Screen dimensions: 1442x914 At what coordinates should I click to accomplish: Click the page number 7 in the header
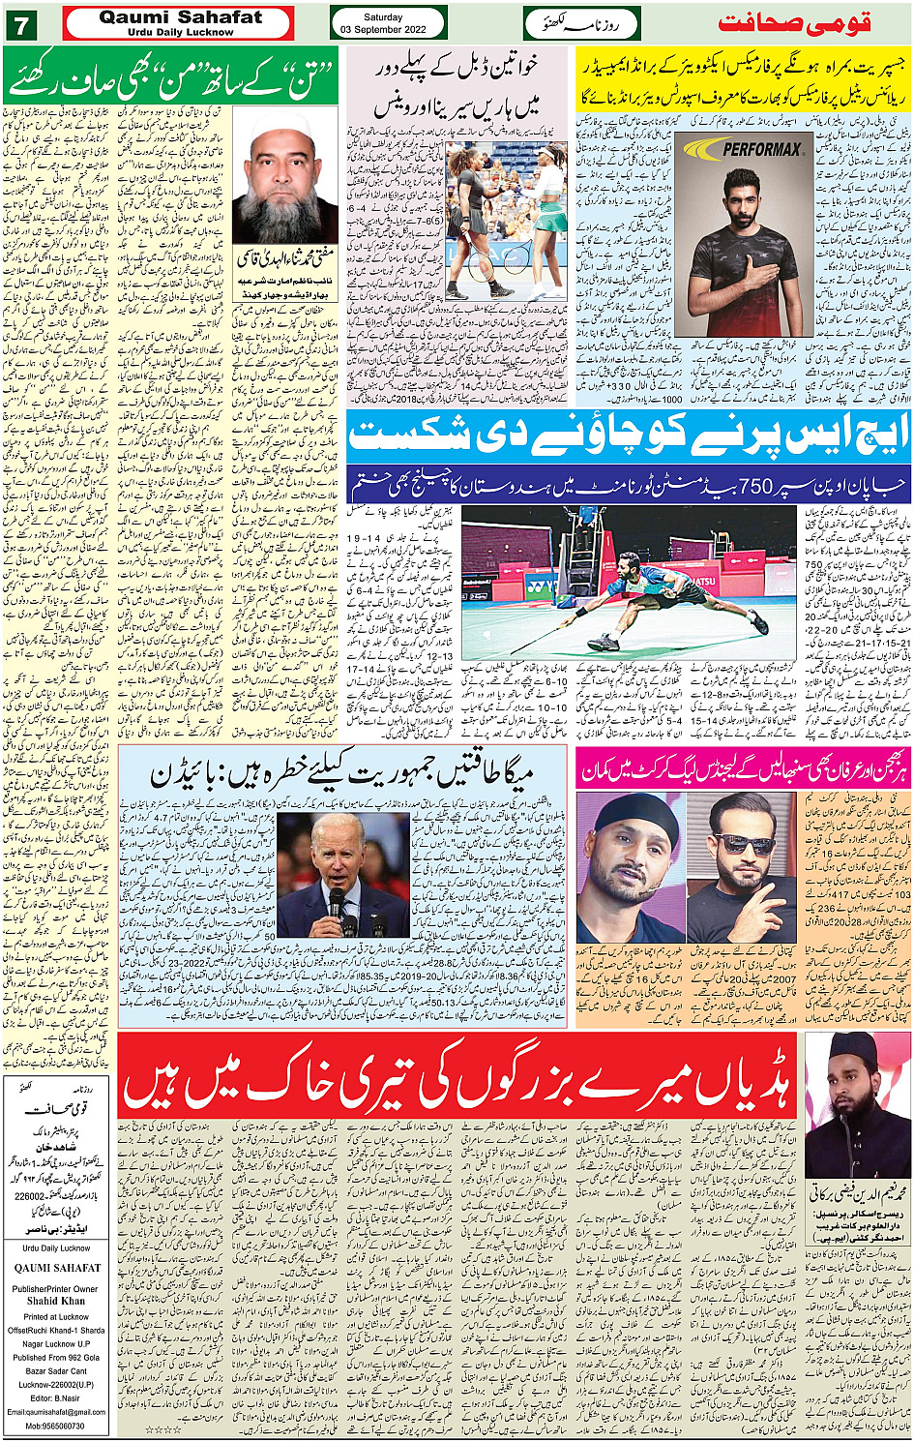pos(19,24)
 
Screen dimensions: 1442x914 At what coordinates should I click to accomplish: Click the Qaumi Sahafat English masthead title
pos(180,17)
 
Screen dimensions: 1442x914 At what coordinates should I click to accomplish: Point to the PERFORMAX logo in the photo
pos(762,149)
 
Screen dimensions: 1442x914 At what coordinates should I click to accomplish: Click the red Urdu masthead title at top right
pos(794,23)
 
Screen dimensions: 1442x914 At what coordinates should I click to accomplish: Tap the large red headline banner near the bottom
pos(458,1074)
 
